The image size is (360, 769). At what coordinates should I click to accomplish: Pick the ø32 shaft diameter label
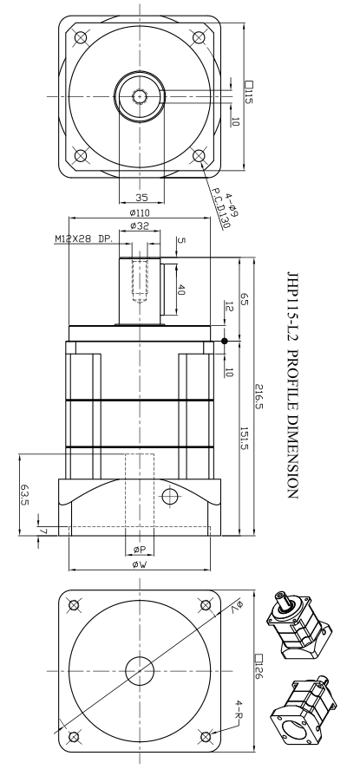tap(139, 226)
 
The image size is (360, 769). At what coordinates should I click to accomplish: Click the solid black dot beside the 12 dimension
tap(225, 341)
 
